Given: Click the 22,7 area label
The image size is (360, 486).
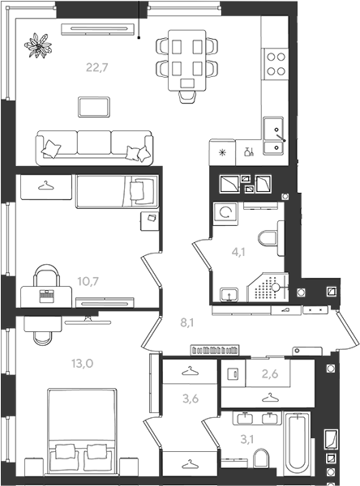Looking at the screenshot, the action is [96, 67].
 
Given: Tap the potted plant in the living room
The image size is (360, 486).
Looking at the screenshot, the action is [38, 45].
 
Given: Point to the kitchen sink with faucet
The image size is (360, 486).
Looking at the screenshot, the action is [273, 136].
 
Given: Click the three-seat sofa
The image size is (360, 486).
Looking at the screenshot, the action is [94, 148].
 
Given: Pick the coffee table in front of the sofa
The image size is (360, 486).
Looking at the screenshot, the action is [94, 107].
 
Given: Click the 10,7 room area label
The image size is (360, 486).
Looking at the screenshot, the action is [88, 281].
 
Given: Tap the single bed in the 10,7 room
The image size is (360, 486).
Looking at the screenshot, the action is [117, 191].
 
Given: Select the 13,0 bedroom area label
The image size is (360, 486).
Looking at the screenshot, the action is [82, 363].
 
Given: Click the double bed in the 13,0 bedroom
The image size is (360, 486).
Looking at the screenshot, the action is [82, 431].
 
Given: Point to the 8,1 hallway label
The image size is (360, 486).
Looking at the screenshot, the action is [187, 323].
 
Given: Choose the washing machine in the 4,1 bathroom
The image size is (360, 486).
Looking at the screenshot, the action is [225, 213].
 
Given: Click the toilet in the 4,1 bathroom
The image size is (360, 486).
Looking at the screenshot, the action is [271, 238].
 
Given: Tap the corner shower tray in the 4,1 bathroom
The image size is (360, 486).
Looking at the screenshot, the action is [268, 288].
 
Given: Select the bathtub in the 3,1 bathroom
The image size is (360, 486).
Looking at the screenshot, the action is [298, 444].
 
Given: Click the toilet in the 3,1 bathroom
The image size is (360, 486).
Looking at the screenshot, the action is [261, 459].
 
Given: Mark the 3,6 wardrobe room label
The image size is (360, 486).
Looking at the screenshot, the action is [191, 399].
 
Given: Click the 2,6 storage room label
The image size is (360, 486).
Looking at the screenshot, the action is [270, 374].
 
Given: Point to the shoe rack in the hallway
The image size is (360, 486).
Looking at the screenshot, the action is [215, 350].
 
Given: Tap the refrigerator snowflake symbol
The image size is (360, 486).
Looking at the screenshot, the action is [222, 152].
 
